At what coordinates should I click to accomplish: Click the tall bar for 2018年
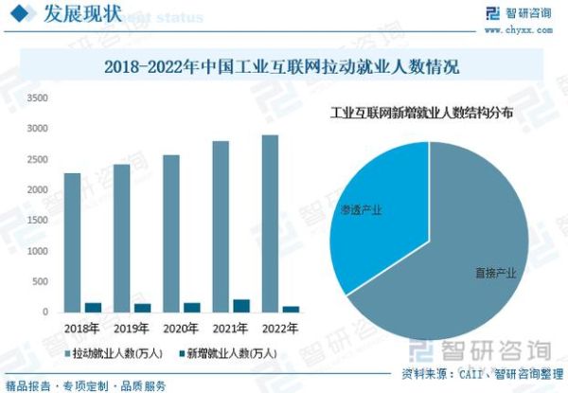(x=72, y=242)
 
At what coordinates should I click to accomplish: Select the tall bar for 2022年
(x=271, y=223)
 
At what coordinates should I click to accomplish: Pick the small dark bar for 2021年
(x=241, y=306)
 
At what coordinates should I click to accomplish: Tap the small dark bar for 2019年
(x=142, y=308)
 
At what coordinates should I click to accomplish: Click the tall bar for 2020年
(x=171, y=233)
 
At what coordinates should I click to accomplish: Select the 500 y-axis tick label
(x=39, y=282)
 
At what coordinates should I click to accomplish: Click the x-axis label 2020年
(x=180, y=328)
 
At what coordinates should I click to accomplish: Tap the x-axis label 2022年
(x=279, y=328)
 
